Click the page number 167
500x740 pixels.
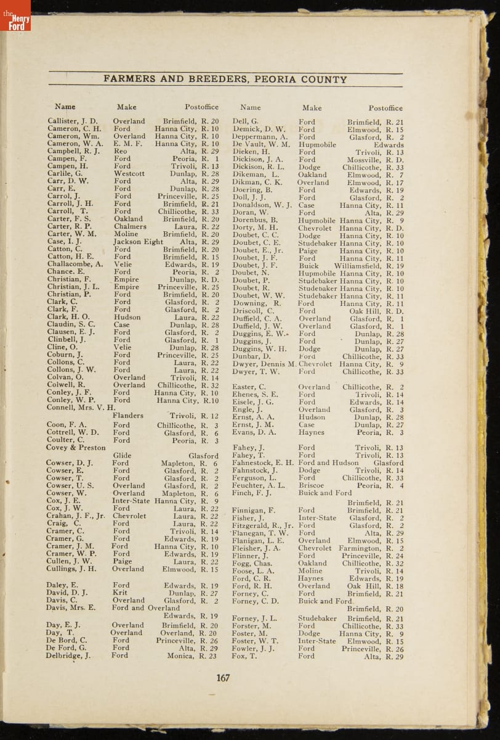click(x=223, y=678)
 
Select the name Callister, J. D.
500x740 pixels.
click(x=73, y=121)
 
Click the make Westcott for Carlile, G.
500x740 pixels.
click(x=129, y=174)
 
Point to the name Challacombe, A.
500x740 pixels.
click(x=75, y=264)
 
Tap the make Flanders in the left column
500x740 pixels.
click(x=128, y=416)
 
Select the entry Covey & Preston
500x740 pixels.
click(x=76, y=448)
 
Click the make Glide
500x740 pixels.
click(x=123, y=456)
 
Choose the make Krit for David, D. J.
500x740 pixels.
click(x=121, y=593)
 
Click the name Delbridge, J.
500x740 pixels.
click(x=68, y=656)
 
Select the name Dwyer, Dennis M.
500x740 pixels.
click(x=264, y=364)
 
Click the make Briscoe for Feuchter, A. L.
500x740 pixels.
click(x=311, y=485)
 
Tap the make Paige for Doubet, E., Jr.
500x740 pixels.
click(x=308, y=250)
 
